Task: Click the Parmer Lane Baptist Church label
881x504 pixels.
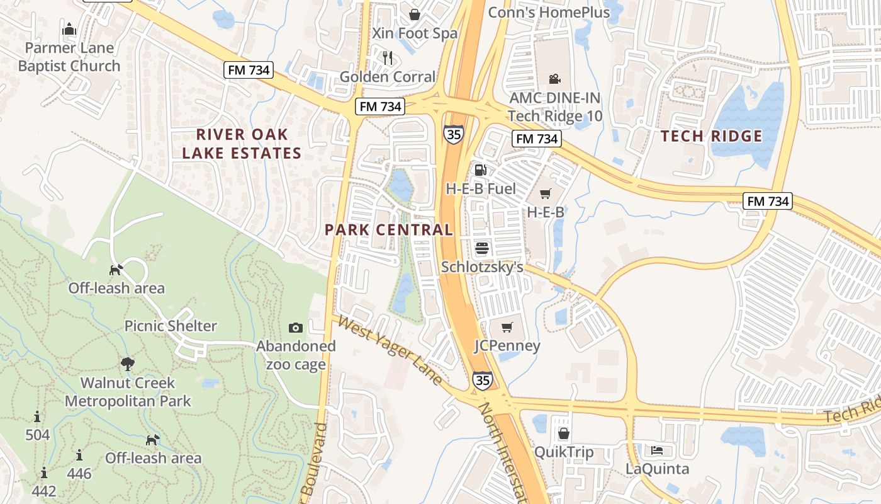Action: point(69,57)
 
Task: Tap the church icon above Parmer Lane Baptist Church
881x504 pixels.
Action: point(69,29)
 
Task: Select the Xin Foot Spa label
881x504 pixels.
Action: point(415,33)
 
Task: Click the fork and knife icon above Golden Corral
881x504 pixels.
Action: point(388,58)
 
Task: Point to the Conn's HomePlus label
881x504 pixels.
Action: point(549,13)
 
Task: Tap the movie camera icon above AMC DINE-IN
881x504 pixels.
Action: point(554,79)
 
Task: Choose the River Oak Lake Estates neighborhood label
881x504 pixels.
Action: point(242,144)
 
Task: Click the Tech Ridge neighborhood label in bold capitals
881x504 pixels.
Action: point(711,136)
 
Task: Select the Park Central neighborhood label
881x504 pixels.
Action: point(389,230)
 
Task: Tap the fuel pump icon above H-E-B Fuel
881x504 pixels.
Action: point(480,169)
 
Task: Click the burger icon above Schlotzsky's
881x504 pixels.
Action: point(482,248)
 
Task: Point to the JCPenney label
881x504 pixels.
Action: point(507,346)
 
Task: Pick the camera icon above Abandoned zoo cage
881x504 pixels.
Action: point(296,328)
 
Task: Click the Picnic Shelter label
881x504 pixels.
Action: point(171,326)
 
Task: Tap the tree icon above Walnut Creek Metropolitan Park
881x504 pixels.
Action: point(128,364)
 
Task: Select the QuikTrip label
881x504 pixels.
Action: point(563,452)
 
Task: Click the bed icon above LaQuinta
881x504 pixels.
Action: point(657,450)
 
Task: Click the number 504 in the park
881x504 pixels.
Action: point(38,435)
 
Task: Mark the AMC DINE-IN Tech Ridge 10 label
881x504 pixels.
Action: point(554,107)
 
